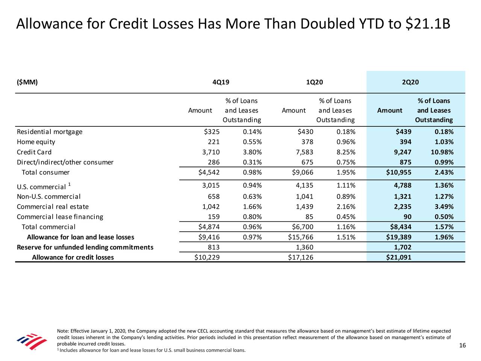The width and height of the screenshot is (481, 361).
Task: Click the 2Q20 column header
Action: click(410, 82)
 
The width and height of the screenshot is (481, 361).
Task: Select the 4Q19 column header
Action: click(221, 82)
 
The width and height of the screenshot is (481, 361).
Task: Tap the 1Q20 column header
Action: click(315, 82)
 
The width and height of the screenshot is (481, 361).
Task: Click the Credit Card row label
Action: click(34, 152)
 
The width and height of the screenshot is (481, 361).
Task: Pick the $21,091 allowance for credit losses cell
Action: click(398, 258)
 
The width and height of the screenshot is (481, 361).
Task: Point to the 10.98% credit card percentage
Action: click(442, 152)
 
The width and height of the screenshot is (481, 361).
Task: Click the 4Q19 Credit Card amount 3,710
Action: click(211, 152)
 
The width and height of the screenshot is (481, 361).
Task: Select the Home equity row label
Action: click(36, 142)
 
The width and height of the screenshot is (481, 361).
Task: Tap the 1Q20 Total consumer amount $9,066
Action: click(303, 173)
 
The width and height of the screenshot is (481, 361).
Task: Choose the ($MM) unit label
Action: click(27, 82)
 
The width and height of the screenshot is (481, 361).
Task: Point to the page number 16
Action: click(462, 346)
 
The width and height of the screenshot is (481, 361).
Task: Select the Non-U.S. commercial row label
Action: click(49, 197)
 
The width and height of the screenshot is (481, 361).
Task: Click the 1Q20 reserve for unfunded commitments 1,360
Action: click(304, 247)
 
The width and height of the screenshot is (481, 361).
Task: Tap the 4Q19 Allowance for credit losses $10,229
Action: click(209, 258)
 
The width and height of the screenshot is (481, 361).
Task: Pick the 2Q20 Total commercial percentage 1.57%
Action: click(444, 227)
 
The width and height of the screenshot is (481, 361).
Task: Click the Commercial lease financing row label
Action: click(60, 217)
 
